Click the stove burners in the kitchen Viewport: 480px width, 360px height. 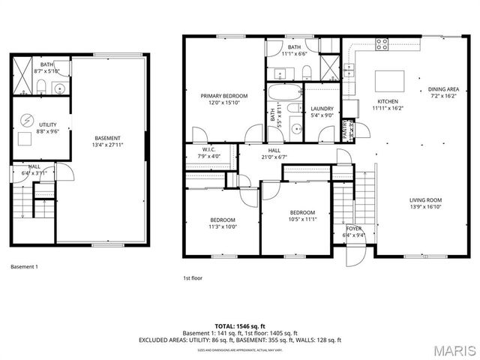[x=382, y=44]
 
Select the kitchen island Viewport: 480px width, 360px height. [x=388, y=78]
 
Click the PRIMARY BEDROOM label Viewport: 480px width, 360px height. [x=223, y=96]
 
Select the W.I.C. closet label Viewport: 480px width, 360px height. [x=208, y=149]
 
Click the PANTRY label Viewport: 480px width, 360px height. [x=346, y=129]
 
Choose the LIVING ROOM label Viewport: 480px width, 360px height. [x=425, y=199]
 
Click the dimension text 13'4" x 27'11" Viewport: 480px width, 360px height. [x=108, y=144]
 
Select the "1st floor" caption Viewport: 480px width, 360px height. [x=193, y=277]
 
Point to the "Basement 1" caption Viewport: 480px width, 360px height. [x=24, y=266]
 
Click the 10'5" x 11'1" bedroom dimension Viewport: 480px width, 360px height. [x=302, y=219]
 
